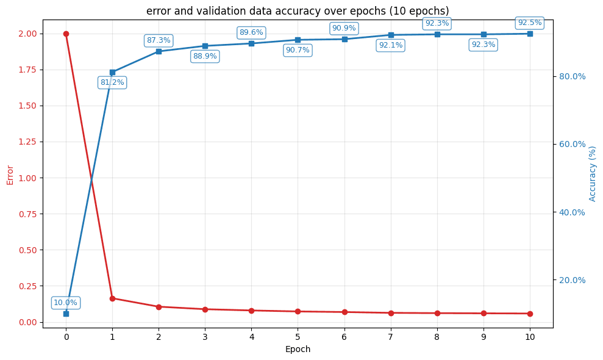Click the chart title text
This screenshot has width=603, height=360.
(298, 11)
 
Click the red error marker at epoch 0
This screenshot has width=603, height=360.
(66, 34)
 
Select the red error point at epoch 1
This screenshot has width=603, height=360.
(112, 298)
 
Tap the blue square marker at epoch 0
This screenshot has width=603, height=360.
(66, 314)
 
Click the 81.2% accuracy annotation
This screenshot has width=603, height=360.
(112, 82)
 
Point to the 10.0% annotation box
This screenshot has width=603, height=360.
(66, 303)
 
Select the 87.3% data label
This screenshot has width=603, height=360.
(159, 40)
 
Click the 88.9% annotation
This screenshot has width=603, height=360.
(205, 56)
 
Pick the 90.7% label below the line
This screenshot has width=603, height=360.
(298, 50)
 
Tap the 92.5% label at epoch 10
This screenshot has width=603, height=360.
(529, 23)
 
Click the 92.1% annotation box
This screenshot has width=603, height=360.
(390, 45)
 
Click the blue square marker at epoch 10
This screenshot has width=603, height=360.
(530, 34)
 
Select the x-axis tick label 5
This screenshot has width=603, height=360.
(298, 337)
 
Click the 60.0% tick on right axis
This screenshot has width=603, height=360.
(573, 144)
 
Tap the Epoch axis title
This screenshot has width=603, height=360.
(298, 350)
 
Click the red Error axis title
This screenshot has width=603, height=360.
(10, 175)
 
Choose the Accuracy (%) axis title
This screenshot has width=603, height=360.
(593, 173)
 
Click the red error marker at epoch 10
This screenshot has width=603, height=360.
(530, 314)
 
